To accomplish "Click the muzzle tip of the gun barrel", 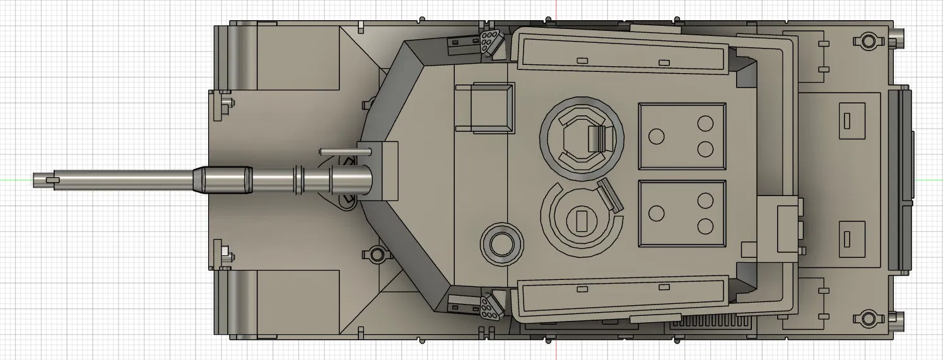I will (x=36, y=180).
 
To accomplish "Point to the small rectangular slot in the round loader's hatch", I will (x=581, y=220).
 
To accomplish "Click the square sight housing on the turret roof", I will (x=492, y=107).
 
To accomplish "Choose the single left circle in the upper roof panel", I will (x=657, y=136).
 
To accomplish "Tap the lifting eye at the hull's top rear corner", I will (x=867, y=42).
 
